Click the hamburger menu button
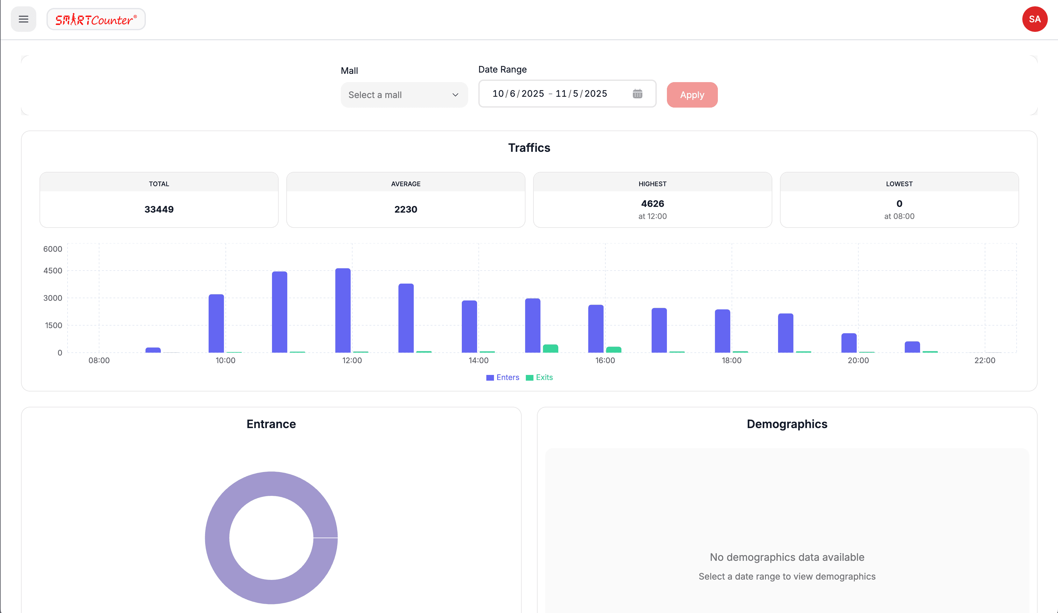coord(24,19)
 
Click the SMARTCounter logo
coord(96,19)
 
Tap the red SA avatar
coord(1034,19)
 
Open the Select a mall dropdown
coord(404,95)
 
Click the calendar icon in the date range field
coord(637,94)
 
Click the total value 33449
coord(159,209)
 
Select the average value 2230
coord(405,209)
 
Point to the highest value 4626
coord(653,204)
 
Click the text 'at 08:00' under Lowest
coord(899,216)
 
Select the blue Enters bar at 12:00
coord(343,311)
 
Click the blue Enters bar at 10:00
coord(216,323)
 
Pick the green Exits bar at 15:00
coord(550,349)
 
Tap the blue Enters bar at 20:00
coord(849,343)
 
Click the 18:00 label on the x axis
coord(731,360)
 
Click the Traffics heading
coord(529,148)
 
